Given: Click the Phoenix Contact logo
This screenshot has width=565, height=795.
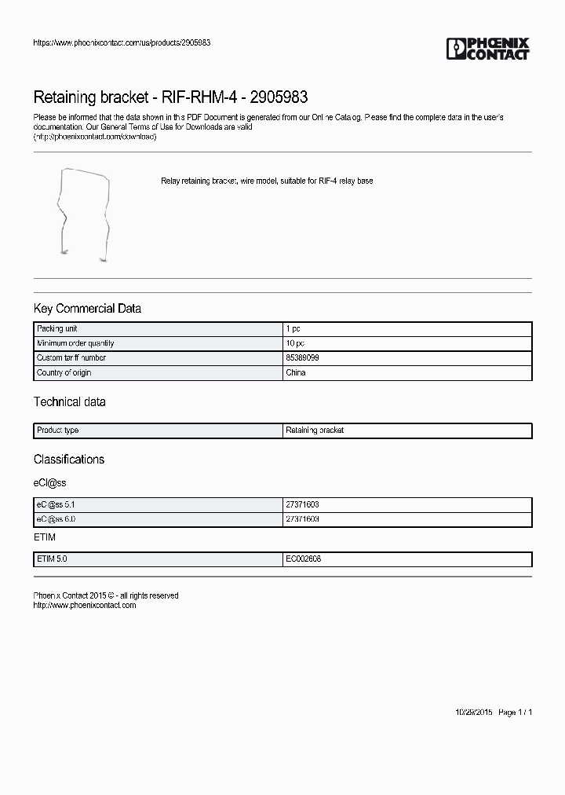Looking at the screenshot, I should click(x=487, y=49).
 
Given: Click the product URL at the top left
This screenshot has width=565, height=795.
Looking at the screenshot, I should click(x=121, y=42).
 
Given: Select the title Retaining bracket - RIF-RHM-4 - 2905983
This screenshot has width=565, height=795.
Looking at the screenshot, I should click(x=170, y=97).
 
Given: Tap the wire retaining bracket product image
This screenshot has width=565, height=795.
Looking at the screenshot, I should click(x=82, y=212).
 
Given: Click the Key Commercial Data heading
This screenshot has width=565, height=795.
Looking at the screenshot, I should click(x=87, y=309).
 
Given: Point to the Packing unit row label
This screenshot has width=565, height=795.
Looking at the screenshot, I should click(x=56, y=329).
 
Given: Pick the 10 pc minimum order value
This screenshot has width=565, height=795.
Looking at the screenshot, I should click(x=295, y=343).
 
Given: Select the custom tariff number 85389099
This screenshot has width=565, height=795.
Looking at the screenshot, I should click(x=302, y=358).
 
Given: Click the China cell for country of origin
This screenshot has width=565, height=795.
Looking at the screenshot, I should click(x=296, y=372).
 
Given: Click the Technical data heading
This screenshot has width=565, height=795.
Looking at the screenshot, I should click(x=69, y=402).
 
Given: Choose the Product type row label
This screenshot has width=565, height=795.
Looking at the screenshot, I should click(x=57, y=430).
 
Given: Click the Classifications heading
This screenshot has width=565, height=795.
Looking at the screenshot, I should click(x=68, y=460).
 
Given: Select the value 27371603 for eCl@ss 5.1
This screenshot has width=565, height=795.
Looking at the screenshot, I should click(x=302, y=504).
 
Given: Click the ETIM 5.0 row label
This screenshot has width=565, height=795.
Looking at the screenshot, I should click(x=53, y=559).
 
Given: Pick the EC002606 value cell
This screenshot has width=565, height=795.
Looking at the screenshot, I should click(x=303, y=559).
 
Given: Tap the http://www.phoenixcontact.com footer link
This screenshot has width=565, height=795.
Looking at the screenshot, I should click(x=85, y=606).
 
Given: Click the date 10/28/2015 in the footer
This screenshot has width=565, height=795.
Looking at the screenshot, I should click(x=474, y=713).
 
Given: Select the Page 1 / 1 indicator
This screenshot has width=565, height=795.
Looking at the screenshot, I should click(x=516, y=713).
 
